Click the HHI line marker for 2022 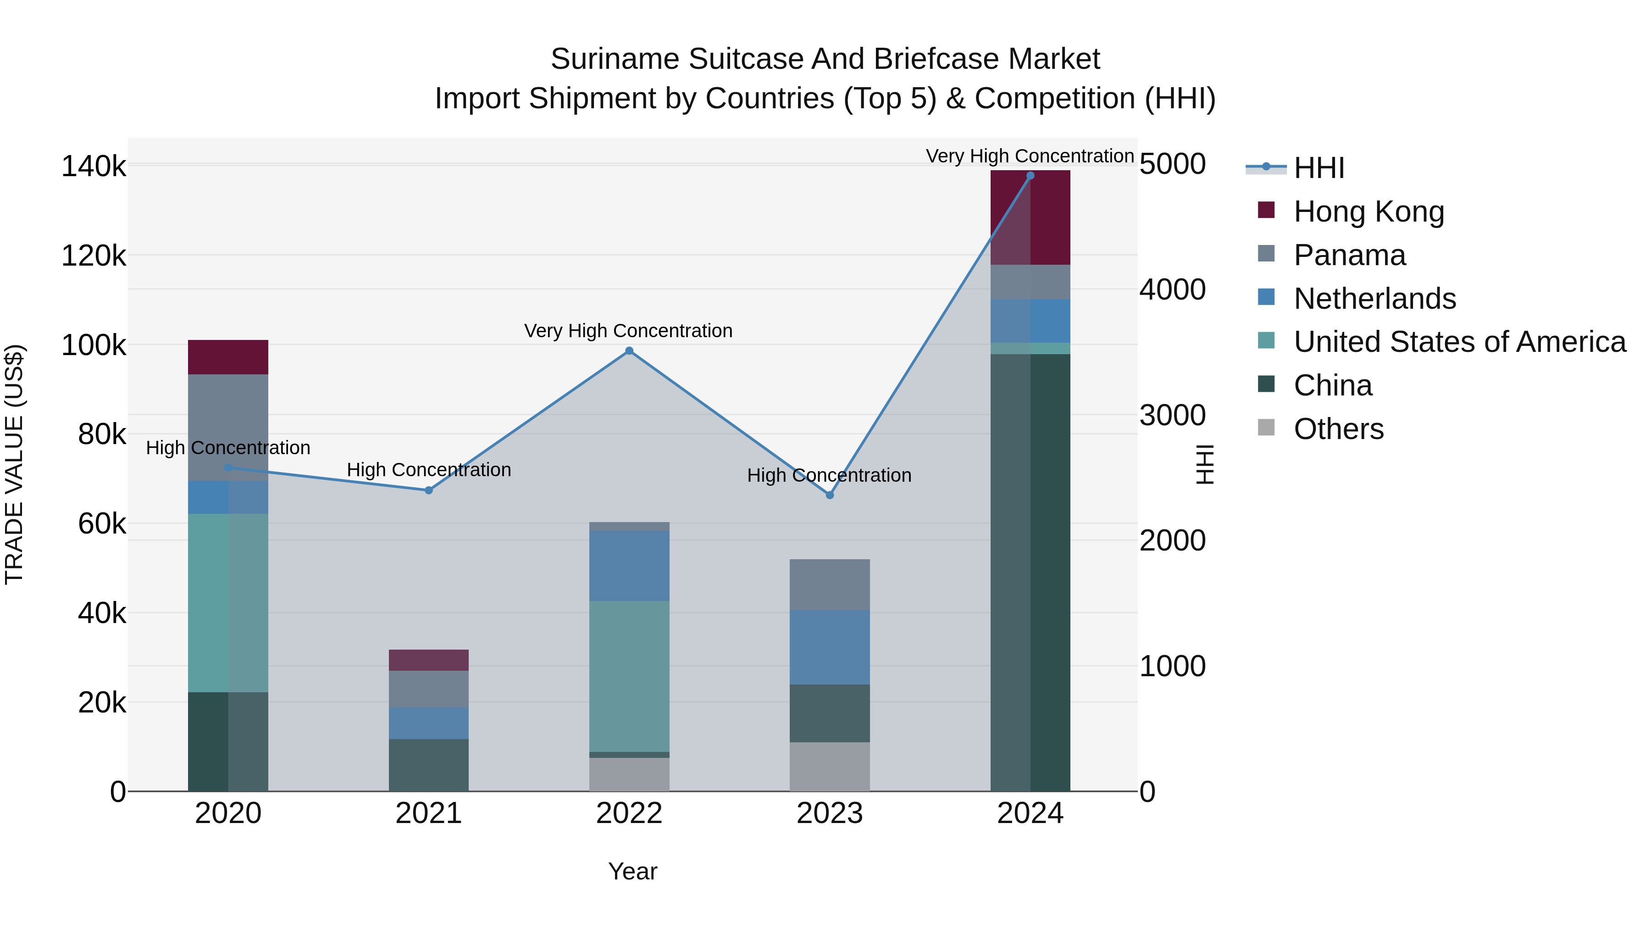tap(629, 350)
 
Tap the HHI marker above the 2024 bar tap(1030, 176)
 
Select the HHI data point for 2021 tap(429, 490)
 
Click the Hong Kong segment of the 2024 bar tap(1050, 217)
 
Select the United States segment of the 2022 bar tap(629, 676)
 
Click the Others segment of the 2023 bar tap(829, 766)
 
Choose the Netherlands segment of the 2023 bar tap(829, 647)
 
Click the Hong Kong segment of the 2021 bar tap(429, 660)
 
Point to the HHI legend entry tap(1319, 168)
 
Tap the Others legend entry tap(1338, 429)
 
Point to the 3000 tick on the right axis tap(1172, 416)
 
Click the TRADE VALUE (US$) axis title tap(14, 464)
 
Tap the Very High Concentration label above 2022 tap(628, 331)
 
